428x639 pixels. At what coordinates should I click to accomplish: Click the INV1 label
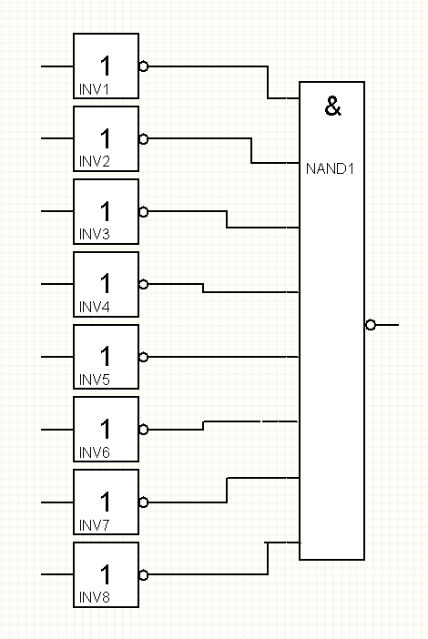pos(94,89)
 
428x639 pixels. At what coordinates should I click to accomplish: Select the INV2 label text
pos(94,162)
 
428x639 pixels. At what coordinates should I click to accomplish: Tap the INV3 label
pos(94,234)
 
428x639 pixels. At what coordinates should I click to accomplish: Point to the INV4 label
pos(94,307)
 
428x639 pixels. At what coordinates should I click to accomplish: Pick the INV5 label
pos(94,380)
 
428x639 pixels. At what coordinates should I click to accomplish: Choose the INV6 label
pos(94,452)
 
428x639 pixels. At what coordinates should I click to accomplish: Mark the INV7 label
pos(94,525)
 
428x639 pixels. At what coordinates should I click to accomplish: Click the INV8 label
pos(94,597)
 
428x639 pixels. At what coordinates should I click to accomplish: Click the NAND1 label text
pos(330,168)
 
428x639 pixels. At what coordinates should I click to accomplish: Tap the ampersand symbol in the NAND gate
pos(332,106)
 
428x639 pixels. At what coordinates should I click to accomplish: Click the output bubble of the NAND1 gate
pos(370,325)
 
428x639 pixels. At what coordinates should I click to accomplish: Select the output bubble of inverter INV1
pos(144,66)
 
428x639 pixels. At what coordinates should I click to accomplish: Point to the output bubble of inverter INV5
pos(144,357)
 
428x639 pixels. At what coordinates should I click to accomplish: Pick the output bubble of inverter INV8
pos(144,575)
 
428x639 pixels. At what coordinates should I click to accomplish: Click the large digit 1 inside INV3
pos(105,211)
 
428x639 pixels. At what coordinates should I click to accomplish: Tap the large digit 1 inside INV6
pos(105,429)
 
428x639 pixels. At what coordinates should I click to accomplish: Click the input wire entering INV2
pos(57,138)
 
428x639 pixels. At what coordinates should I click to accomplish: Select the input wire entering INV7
pos(57,502)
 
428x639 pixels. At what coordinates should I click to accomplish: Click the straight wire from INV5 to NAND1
pos(224,357)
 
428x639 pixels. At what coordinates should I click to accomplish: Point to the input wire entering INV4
pos(57,284)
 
